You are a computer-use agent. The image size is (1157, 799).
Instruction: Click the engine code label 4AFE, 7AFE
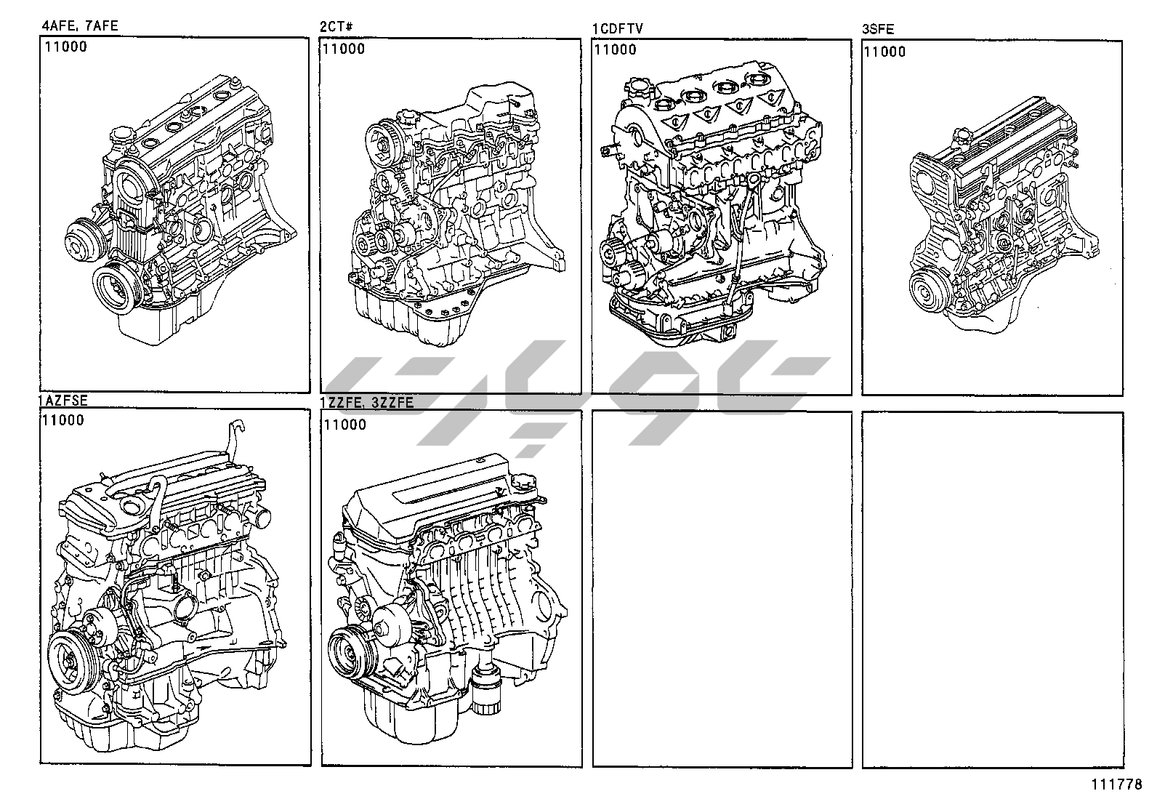(80, 25)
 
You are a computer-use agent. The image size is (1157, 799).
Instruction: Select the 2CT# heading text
(336, 26)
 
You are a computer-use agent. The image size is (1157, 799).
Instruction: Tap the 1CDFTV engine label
(618, 28)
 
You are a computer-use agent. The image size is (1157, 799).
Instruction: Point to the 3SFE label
(878, 29)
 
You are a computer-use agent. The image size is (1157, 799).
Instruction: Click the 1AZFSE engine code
(63, 400)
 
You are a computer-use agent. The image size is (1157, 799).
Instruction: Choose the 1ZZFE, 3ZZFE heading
(367, 402)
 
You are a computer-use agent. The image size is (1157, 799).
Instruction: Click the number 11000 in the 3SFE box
(884, 52)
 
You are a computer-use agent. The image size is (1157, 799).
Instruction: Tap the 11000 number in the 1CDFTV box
(615, 49)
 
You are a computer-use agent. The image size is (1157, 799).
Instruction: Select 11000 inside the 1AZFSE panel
(63, 420)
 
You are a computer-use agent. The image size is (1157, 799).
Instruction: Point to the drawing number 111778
(1116, 784)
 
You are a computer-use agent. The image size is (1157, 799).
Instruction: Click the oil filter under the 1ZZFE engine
(486, 689)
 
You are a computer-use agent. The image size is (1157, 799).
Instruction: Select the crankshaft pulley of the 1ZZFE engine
(350, 652)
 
